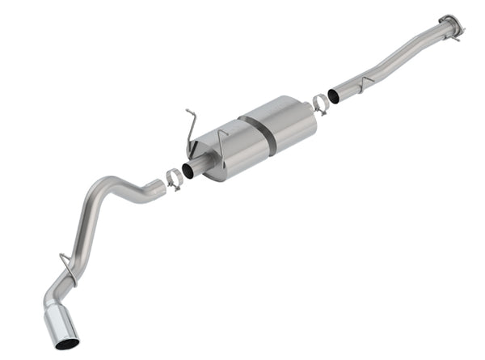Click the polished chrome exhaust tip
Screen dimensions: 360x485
pos(61,324)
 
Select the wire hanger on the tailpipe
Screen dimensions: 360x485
pos(67,267)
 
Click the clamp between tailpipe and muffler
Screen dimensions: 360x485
pos(174,179)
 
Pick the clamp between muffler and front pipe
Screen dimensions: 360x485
pos(320,103)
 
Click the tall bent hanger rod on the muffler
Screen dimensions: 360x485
pos(191,129)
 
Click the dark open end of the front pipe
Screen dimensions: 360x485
pos(333,96)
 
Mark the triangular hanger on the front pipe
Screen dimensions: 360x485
pos(365,83)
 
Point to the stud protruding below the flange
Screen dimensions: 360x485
pos(458,36)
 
